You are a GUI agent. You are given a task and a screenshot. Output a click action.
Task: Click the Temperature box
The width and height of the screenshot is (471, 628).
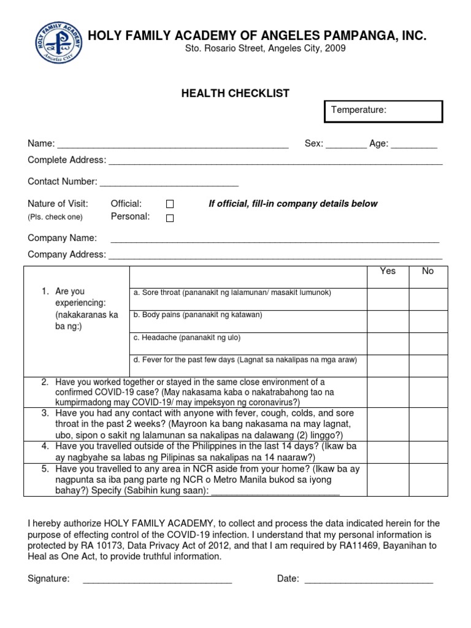(383, 111)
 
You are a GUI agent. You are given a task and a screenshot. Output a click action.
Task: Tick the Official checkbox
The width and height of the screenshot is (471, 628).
(170, 204)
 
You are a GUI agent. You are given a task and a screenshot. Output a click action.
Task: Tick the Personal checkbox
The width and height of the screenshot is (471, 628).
(170, 218)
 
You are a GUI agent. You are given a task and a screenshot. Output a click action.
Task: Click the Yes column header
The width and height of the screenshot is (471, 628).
(388, 271)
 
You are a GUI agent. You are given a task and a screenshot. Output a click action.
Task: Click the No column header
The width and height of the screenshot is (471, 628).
(427, 271)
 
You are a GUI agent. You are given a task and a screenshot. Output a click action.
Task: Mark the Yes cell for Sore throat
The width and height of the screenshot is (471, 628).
(388, 299)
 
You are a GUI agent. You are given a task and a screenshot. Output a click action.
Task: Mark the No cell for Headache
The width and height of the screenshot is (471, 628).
(428, 343)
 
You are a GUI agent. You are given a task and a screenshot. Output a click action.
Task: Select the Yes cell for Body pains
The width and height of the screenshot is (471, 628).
(388, 321)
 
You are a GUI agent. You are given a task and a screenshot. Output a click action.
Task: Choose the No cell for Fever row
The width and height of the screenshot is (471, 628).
(428, 366)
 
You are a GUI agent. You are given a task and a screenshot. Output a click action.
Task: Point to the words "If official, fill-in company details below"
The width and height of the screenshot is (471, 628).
(293, 204)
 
